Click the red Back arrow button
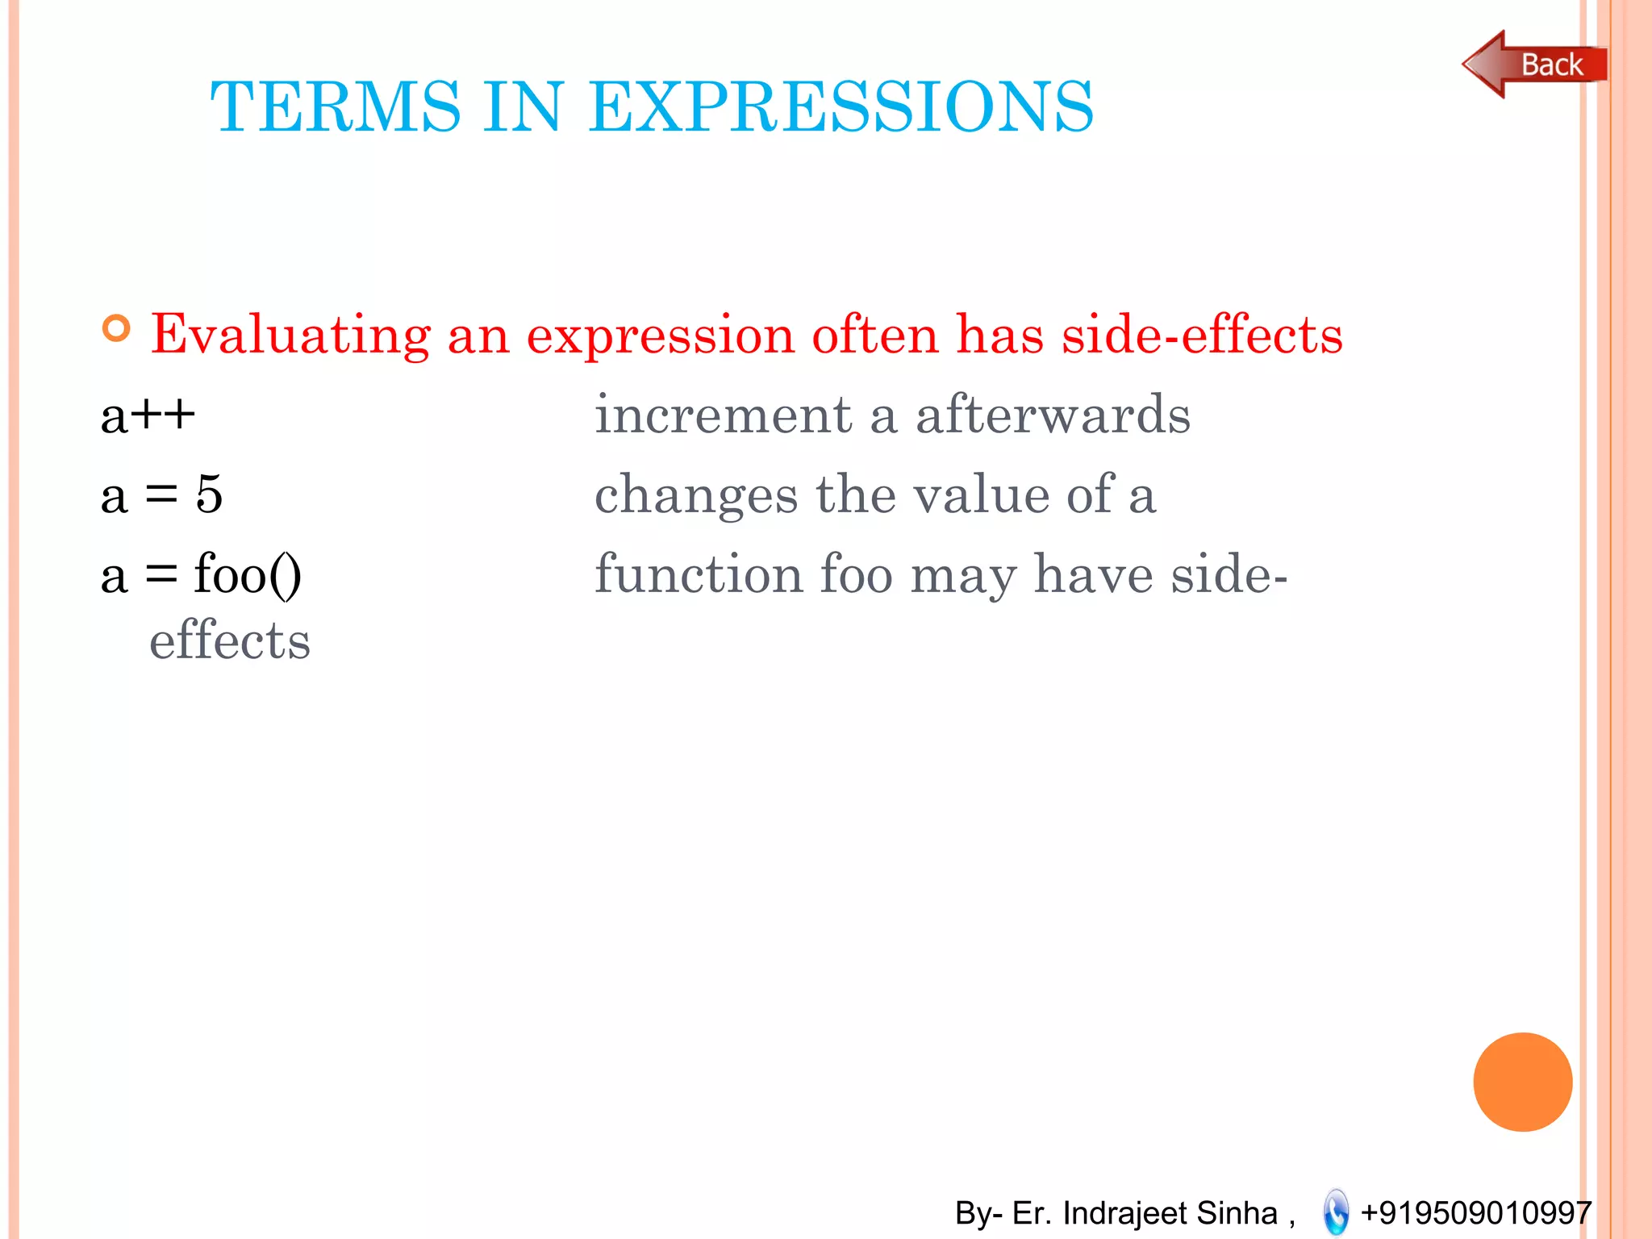tap(1533, 65)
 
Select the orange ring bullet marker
tap(117, 328)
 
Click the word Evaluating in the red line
tap(290, 335)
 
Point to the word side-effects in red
tap(1202, 335)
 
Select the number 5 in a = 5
tap(209, 494)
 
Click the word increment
tap(723, 415)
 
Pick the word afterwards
tap(1053, 415)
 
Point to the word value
tap(981, 494)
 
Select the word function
tap(698, 574)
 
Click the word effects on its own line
tap(230, 641)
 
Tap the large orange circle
tap(1522, 1082)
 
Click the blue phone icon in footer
tap(1336, 1212)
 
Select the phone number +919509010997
tap(1475, 1212)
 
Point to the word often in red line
tap(874, 335)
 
